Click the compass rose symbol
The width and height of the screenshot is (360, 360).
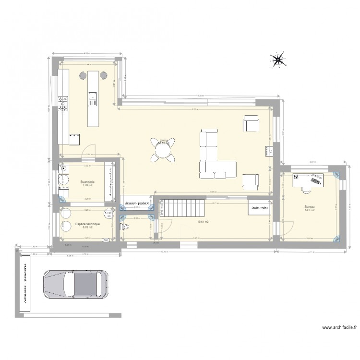pos(277,60)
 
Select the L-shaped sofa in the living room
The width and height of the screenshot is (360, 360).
pos(214,158)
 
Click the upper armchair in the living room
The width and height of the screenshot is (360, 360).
pos(251,124)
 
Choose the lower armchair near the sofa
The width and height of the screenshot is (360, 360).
pos(251,181)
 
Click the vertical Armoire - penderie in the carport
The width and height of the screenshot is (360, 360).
pos(23,286)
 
